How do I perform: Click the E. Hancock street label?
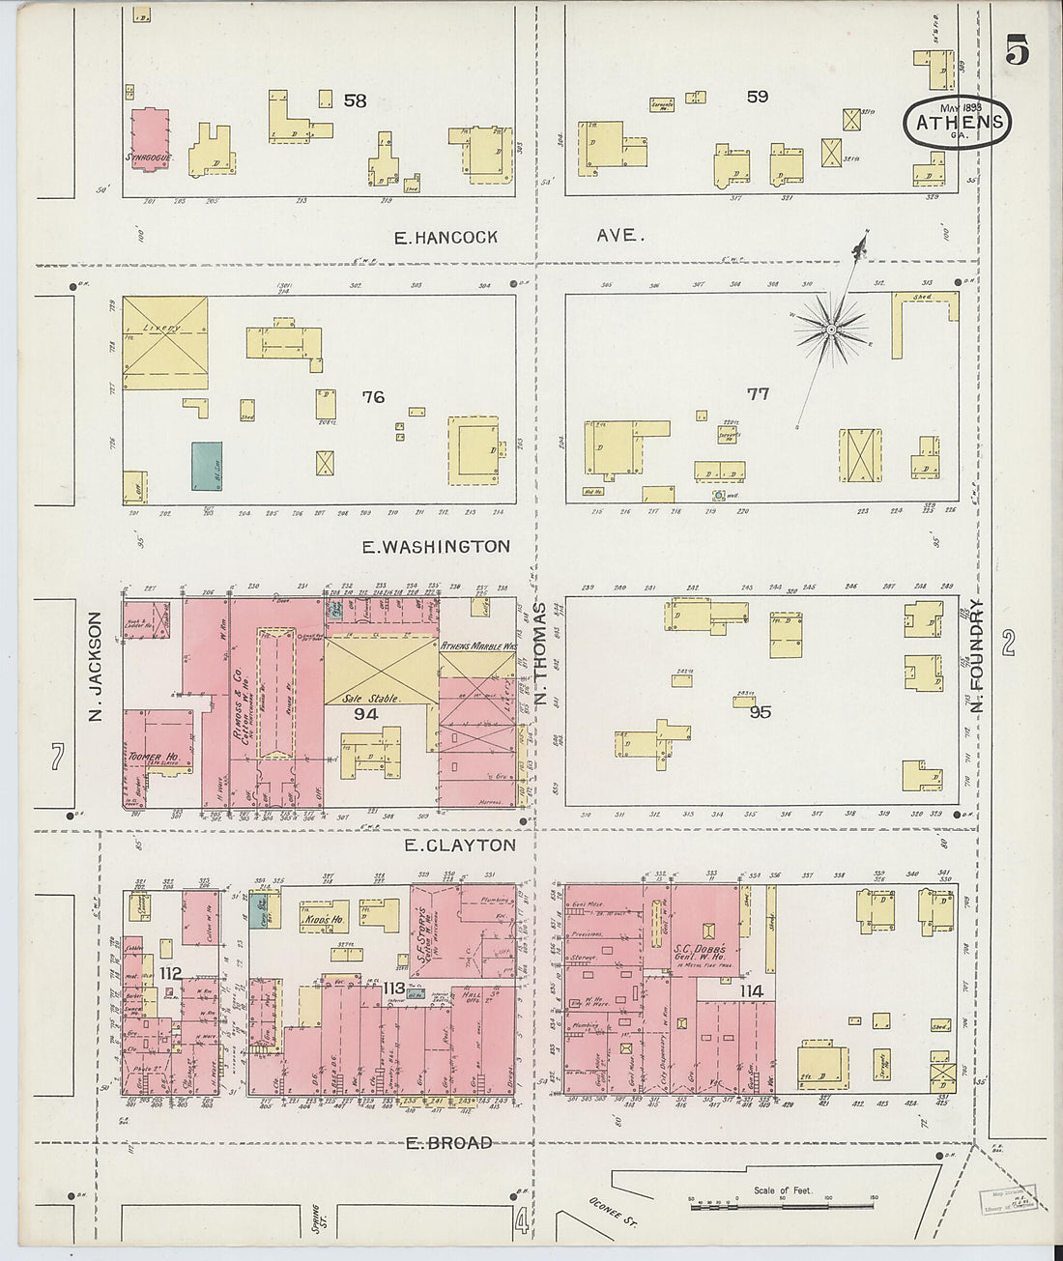(x=445, y=237)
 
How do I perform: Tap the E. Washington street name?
(x=436, y=547)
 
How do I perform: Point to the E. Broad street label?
(x=448, y=1143)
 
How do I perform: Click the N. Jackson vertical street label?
(x=95, y=668)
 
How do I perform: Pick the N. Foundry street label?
(x=977, y=656)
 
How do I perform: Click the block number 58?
(x=356, y=100)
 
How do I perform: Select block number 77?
(x=758, y=393)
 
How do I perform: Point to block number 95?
(x=760, y=712)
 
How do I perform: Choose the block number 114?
(x=751, y=990)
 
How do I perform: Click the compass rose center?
(x=829, y=330)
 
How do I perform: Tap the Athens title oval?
(x=958, y=122)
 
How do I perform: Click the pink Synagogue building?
(x=150, y=139)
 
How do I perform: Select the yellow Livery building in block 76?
(x=164, y=343)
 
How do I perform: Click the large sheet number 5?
(x=1016, y=49)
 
